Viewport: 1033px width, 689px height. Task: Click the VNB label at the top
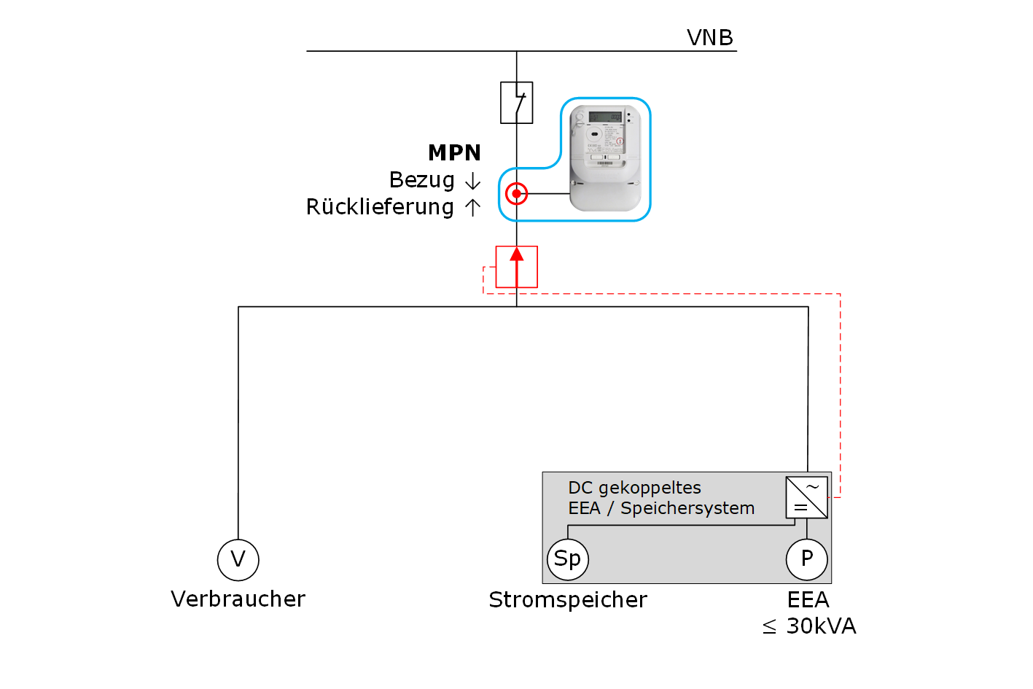[x=709, y=37]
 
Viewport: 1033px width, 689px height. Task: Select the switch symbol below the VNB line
[x=516, y=102]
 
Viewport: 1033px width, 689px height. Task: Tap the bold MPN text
[x=454, y=152]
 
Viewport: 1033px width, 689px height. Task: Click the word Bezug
[x=421, y=180]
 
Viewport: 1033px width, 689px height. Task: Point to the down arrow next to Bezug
[x=472, y=181]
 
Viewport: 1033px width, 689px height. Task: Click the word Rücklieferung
[x=380, y=207]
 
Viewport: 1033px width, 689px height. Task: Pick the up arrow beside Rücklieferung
[x=472, y=207]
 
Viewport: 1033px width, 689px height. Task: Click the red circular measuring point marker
[x=516, y=194]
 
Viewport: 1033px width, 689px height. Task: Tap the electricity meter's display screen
[x=604, y=117]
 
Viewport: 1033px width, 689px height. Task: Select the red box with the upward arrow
[x=516, y=267]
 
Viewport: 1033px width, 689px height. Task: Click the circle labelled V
[x=238, y=560]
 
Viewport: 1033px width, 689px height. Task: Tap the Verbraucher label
[x=238, y=599]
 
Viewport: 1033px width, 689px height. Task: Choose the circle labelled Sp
[x=567, y=559]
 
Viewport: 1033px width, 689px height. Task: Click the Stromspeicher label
[x=567, y=600]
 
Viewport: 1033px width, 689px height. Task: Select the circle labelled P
[x=806, y=559]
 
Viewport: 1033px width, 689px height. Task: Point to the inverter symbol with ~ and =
[x=806, y=497]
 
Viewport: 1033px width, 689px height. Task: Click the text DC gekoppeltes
[x=634, y=488]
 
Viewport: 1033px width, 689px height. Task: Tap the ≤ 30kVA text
[x=809, y=626]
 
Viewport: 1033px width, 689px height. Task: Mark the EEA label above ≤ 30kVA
[x=808, y=600]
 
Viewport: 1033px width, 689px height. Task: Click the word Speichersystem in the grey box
[x=687, y=508]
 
